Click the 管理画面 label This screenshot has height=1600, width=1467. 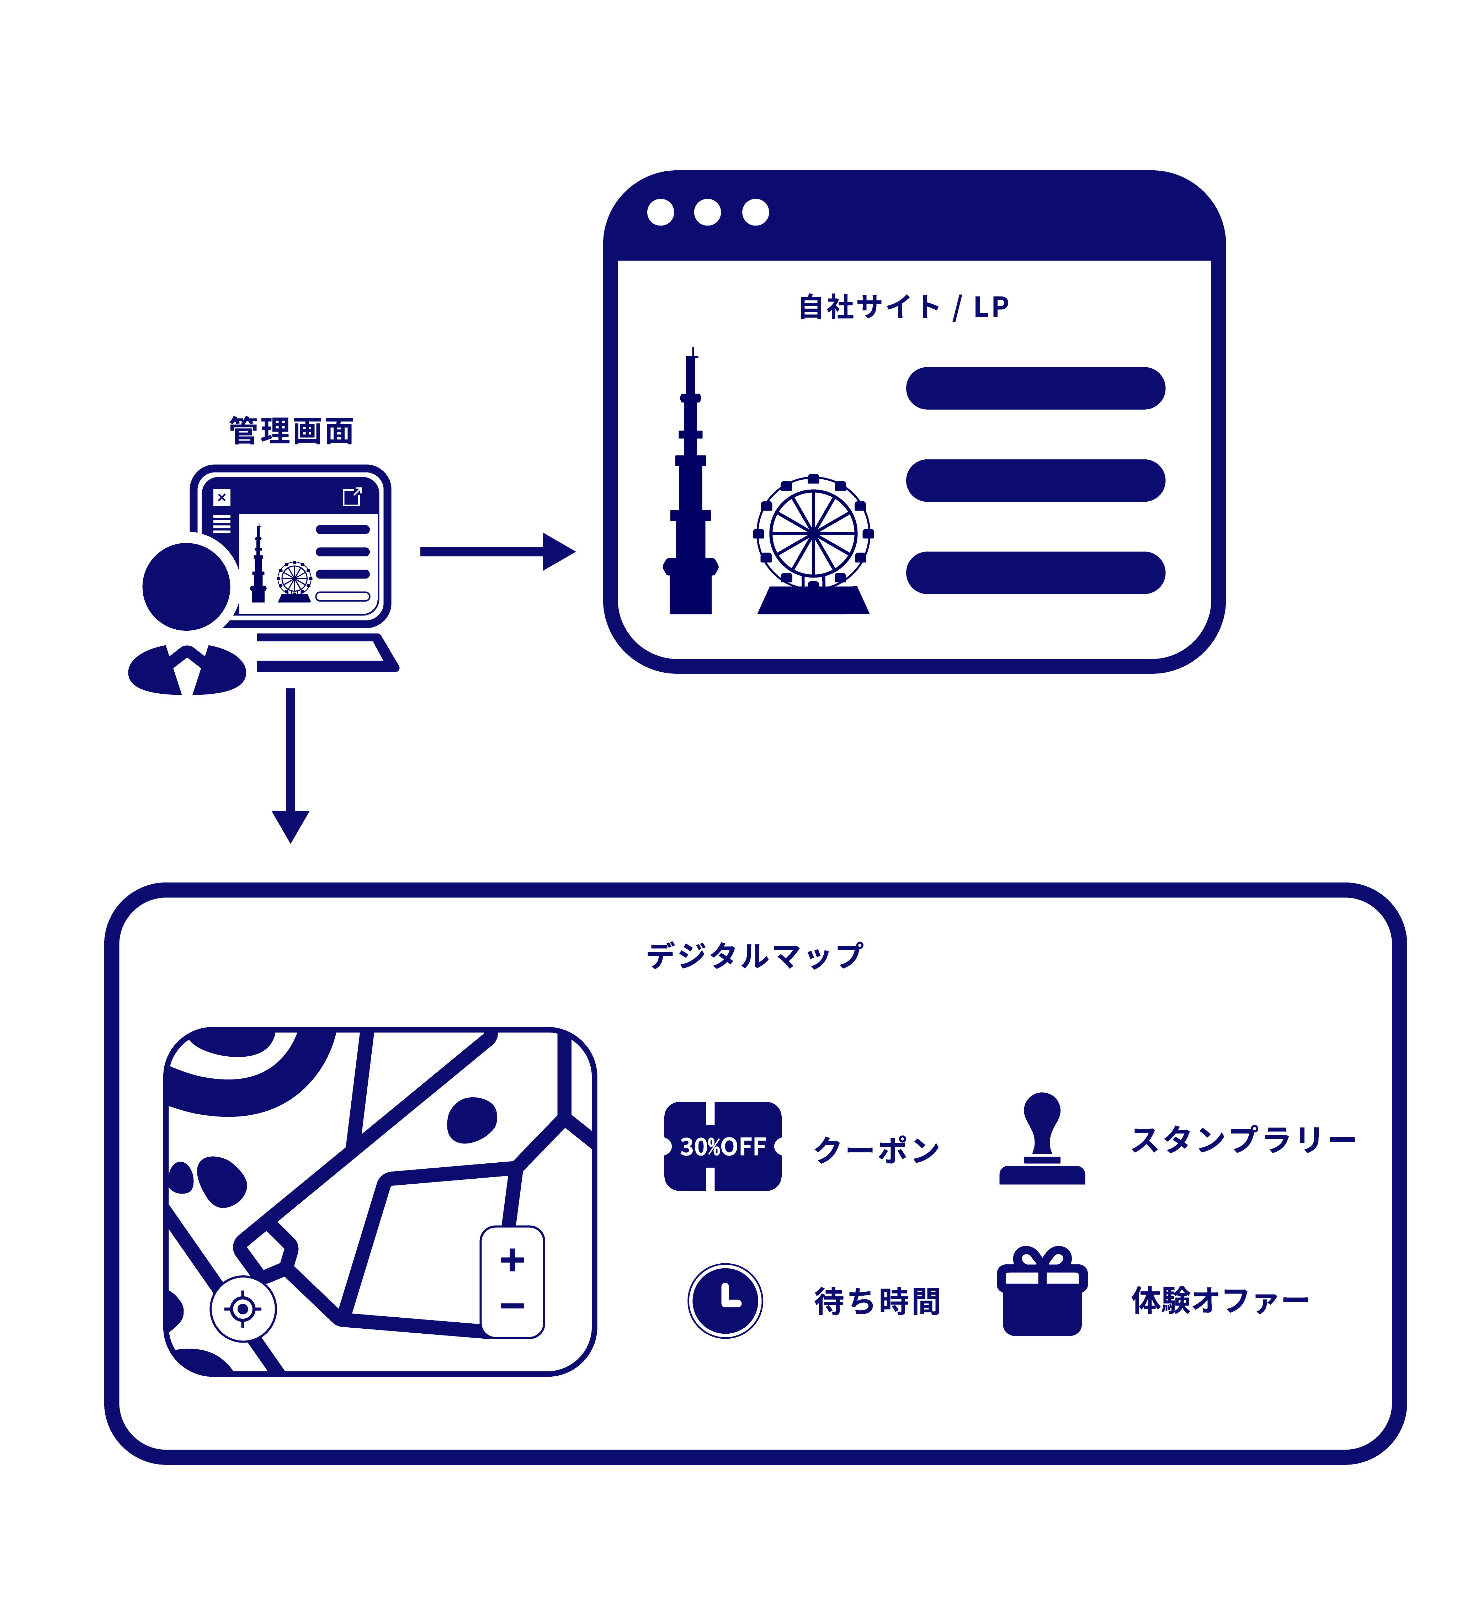point(291,431)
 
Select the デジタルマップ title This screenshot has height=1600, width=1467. point(754,956)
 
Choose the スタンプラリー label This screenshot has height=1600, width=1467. point(1242,1140)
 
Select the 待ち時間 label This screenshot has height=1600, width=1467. point(877,1302)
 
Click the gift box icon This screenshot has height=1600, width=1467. point(1042,1294)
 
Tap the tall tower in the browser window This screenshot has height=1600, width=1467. point(691,492)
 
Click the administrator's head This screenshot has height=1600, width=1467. point(187,587)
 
